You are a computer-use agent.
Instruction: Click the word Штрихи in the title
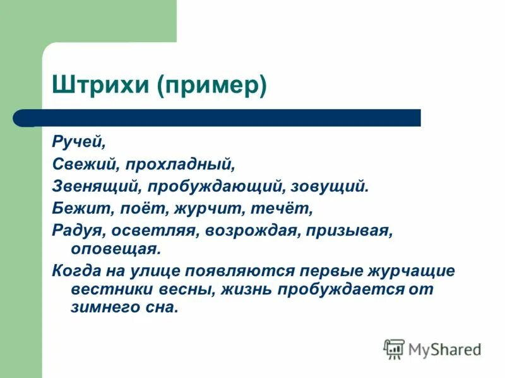[102, 86]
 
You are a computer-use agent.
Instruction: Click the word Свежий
[84, 164]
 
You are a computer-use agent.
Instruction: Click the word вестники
[104, 290]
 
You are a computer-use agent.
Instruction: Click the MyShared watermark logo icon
[394, 348]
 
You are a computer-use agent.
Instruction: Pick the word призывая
[350, 230]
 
